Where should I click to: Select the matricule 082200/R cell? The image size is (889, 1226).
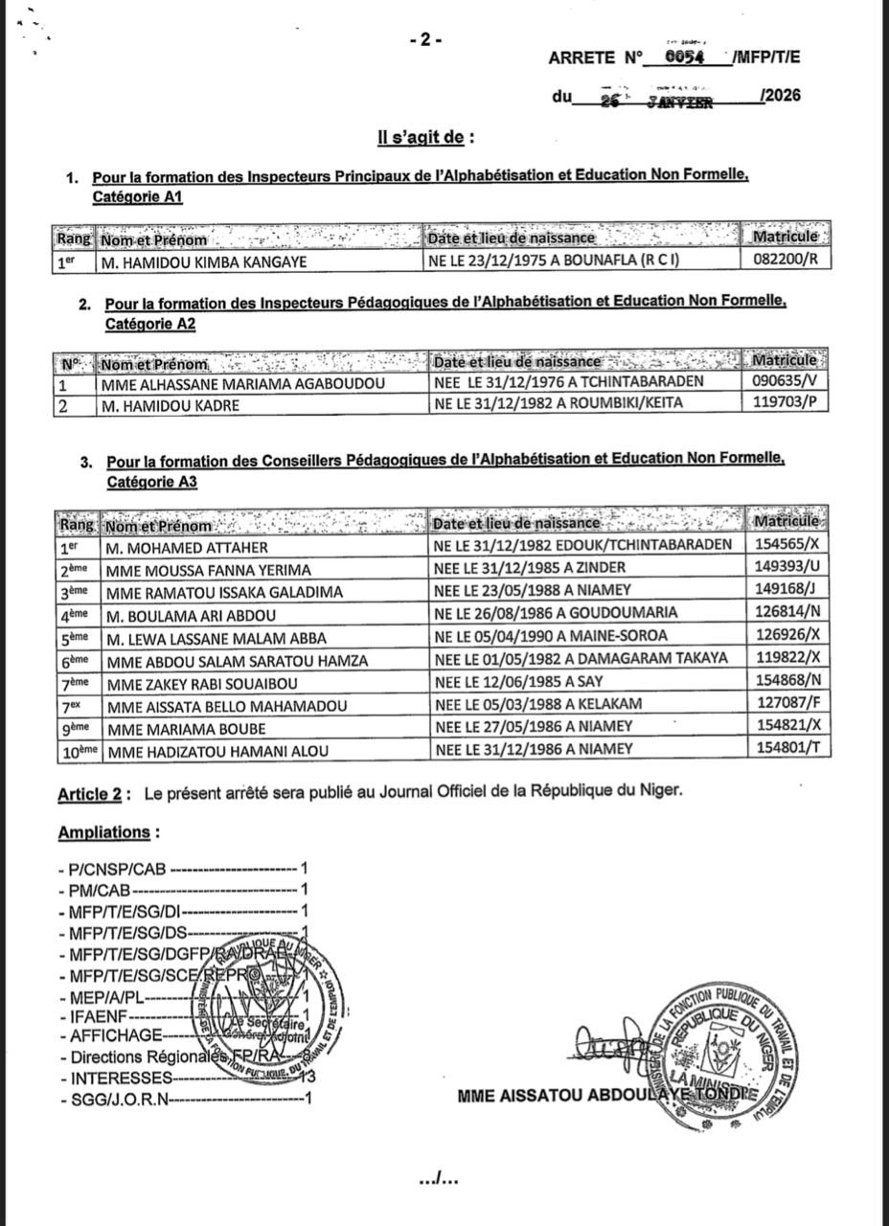coord(786,260)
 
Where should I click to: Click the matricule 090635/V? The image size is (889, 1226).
coord(786,381)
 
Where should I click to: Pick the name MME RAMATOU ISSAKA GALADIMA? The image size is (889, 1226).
coord(213,589)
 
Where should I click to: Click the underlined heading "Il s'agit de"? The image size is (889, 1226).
coord(425,138)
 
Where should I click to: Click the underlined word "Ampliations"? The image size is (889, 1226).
coord(103,832)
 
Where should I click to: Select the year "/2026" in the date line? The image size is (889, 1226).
coord(777,96)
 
